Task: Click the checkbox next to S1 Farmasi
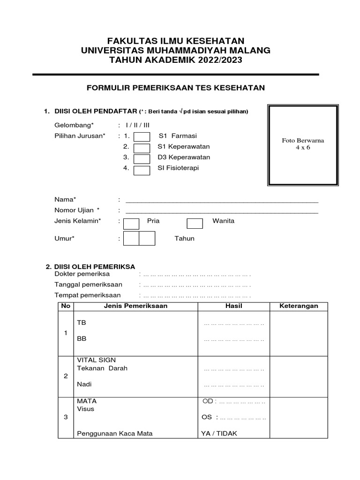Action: [142, 136]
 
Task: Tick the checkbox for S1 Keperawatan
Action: [142, 148]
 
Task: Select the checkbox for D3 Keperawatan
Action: [142, 159]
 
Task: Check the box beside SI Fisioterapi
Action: [142, 170]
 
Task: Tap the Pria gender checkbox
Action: [131, 223]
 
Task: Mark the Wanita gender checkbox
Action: [195, 223]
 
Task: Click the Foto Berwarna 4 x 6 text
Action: [303, 144]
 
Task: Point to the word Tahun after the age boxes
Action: [184, 239]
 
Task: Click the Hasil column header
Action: [233, 306]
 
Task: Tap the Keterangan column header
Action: [299, 306]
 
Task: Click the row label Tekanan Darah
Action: [102, 368]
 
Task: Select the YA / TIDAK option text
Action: [219, 434]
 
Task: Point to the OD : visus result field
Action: [234, 402]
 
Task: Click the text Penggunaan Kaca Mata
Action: [115, 434]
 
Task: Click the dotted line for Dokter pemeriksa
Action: [196, 274]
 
